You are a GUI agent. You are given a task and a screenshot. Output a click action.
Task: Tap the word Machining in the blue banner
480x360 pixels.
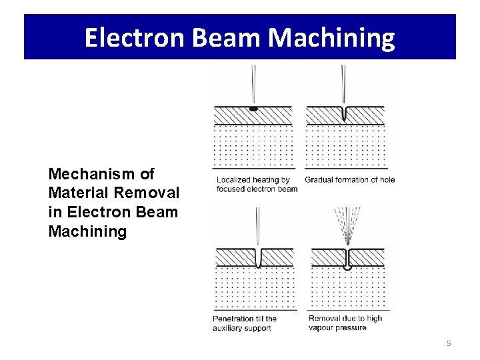click(x=331, y=37)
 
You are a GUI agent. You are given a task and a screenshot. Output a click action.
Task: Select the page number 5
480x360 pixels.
click(x=449, y=343)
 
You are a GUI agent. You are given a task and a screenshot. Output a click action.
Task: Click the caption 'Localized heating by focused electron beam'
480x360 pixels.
click(x=256, y=184)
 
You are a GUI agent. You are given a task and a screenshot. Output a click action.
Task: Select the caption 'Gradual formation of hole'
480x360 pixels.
click(x=349, y=179)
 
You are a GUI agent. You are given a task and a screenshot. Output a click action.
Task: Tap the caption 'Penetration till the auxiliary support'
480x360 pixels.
click(x=245, y=323)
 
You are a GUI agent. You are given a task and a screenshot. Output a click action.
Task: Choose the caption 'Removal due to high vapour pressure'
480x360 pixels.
click(x=345, y=323)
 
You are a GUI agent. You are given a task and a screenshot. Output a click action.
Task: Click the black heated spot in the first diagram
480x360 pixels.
click(x=253, y=108)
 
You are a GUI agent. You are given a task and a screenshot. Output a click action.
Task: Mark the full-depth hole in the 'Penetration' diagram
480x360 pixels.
click(x=259, y=257)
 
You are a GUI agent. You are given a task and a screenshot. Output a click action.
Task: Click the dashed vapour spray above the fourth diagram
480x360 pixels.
click(x=347, y=223)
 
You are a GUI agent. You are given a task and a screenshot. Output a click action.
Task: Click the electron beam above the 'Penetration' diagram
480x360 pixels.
click(x=259, y=227)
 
